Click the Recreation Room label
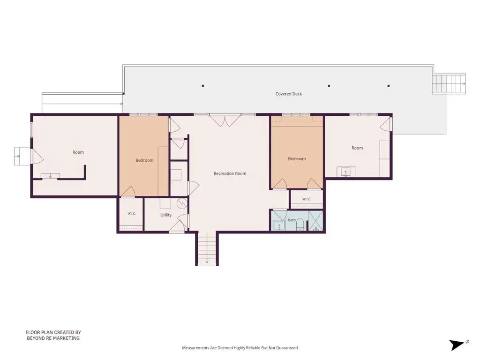coord(230,173)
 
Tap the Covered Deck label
coord(288,94)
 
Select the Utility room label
coord(166,215)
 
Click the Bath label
coord(292,220)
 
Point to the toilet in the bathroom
coord(300,224)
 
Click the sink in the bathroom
coord(279,225)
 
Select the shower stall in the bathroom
coord(315,221)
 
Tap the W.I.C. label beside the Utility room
coord(132,213)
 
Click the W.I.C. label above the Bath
coord(307,199)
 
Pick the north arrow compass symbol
coord(458,345)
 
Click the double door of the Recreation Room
coord(225,120)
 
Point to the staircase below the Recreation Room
coord(207,248)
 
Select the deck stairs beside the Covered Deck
coord(449,83)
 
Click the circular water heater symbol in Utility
coord(182,203)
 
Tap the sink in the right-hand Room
coord(345,172)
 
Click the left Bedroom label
coord(144,160)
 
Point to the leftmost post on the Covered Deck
coord(202,86)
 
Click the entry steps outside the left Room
coord(22,156)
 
